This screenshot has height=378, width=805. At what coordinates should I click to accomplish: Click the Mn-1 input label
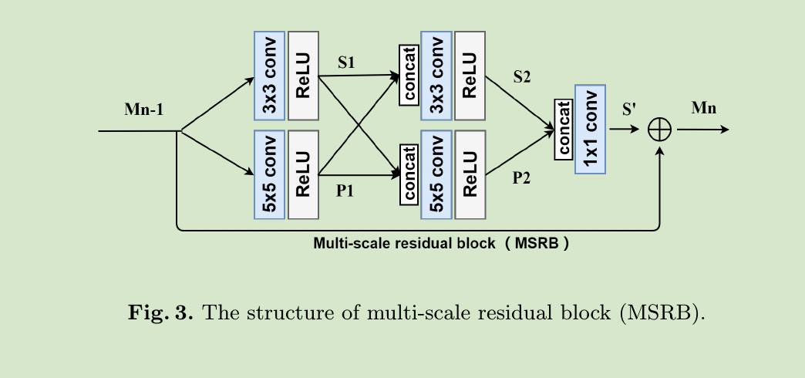[143, 110]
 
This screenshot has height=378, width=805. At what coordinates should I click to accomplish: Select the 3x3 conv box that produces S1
[269, 76]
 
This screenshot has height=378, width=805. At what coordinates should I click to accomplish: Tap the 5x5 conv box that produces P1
[269, 174]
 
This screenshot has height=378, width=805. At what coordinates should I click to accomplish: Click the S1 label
[347, 62]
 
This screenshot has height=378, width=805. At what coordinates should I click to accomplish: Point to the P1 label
[345, 191]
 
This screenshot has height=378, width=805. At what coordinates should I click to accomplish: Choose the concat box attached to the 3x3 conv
[409, 76]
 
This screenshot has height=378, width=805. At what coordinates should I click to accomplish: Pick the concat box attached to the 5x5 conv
[408, 174]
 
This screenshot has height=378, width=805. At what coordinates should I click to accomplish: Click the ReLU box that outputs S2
[470, 76]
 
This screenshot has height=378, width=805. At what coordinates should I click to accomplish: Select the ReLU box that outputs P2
[470, 174]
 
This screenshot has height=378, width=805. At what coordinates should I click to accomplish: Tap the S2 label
[522, 77]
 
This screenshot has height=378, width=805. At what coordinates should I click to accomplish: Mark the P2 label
[522, 178]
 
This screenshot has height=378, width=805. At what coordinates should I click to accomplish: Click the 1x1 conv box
[591, 129]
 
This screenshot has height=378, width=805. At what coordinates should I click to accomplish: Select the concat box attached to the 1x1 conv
[564, 129]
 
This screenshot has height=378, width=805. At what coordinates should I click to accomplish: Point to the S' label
[628, 109]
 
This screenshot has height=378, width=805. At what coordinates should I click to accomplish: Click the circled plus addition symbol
[659, 130]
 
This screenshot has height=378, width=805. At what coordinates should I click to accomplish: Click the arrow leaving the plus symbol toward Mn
[702, 130]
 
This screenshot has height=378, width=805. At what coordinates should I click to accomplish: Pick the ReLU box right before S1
[303, 76]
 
